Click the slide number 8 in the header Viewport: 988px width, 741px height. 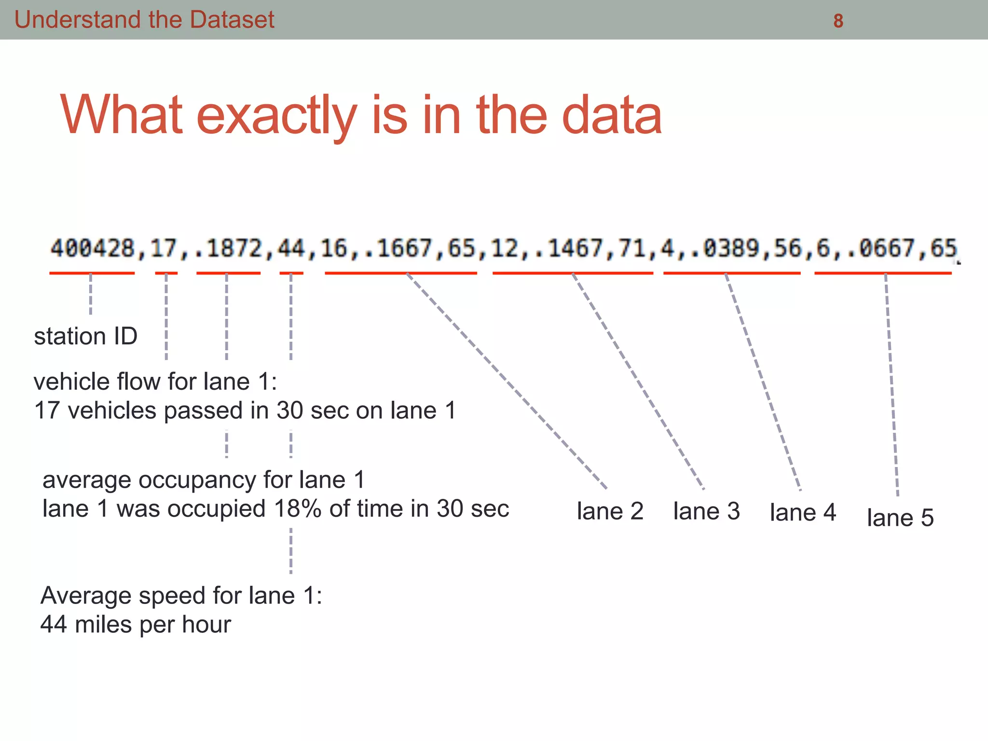pyautogui.click(x=838, y=21)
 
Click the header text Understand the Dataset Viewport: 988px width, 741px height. pyautogui.click(x=144, y=20)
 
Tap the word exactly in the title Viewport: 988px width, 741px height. pyautogui.click(x=276, y=115)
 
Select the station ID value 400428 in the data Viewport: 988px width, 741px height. pyautogui.click(x=92, y=249)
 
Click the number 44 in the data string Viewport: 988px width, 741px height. pyautogui.click(x=291, y=249)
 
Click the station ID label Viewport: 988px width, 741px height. pyautogui.click(x=85, y=336)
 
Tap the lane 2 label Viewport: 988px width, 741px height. pyautogui.click(x=610, y=511)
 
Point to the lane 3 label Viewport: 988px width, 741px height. pyautogui.click(x=706, y=511)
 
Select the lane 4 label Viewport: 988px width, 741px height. pyautogui.click(x=803, y=512)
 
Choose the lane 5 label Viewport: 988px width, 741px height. pyautogui.click(x=900, y=518)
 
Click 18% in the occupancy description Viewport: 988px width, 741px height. pyautogui.click(x=298, y=509)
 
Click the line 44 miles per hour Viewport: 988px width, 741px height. pyautogui.click(x=136, y=625)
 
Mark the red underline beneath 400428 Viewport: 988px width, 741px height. pyautogui.click(x=92, y=273)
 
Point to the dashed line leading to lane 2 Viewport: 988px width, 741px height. pyautogui.click(x=507, y=381)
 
